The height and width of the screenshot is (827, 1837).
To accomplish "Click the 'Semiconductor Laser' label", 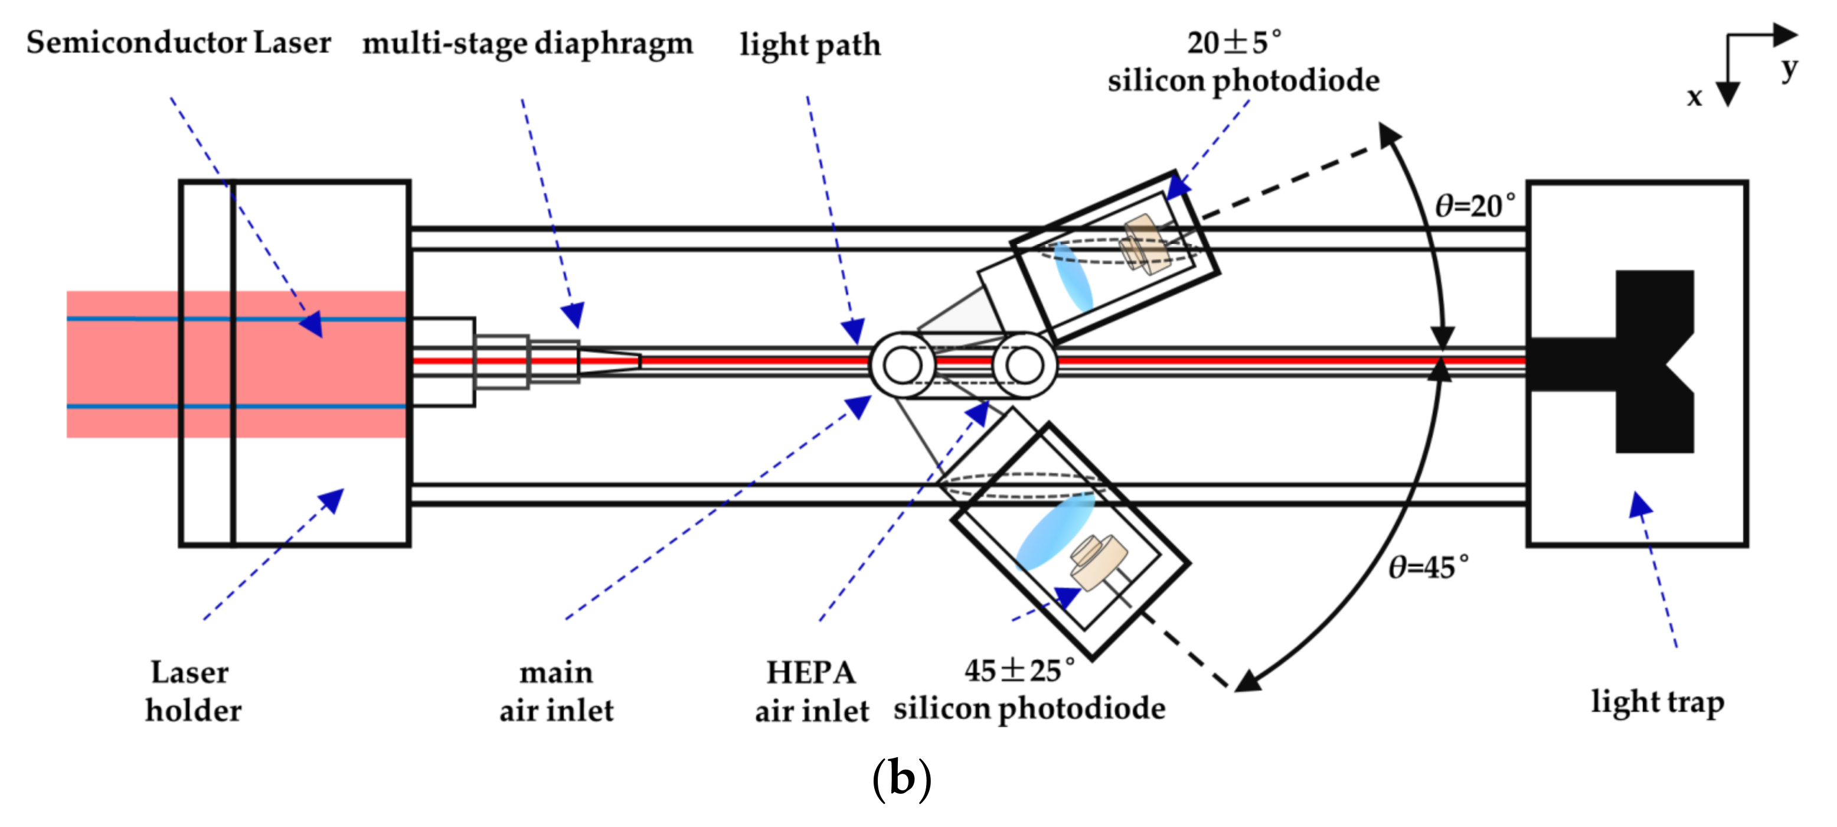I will click(x=178, y=43).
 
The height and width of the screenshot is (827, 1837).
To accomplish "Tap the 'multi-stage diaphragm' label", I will click(x=527, y=44).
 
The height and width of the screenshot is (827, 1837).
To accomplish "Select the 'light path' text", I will click(x=809, y=45).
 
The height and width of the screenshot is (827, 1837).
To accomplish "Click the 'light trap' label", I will click(x=1658, y=702).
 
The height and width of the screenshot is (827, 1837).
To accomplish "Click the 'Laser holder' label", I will click(x=192, y=691).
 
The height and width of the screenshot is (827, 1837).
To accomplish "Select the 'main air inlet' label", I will click(x=556, y=691).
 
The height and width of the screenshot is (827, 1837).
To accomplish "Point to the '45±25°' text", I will click(x=1018, y=670).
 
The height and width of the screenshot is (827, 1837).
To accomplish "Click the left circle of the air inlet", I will click(x=903, y=365).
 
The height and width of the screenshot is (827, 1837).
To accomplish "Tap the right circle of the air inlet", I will click(x=1024, y=365).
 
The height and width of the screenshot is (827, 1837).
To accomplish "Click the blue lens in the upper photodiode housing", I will click(x=1073, y=278).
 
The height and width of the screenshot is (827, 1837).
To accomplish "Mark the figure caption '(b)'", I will click(x=901, y=779).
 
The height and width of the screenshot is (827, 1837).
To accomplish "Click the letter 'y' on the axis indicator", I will click(x=1789, y=69).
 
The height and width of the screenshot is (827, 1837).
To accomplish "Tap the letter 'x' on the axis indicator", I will click(x=1694, y=96).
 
